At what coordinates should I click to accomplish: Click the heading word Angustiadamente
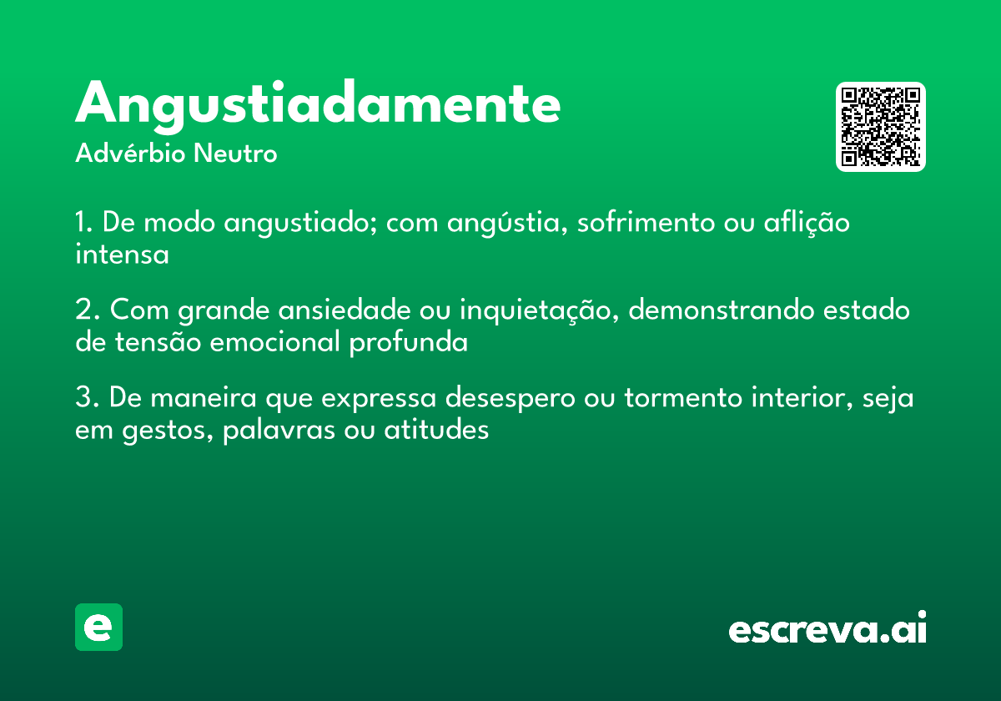(318, 105)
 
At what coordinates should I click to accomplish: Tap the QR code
(881, 127)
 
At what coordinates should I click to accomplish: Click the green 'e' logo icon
(98, 627)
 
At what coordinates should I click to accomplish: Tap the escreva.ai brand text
(827, 628)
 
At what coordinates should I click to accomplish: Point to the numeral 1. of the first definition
(84, 224)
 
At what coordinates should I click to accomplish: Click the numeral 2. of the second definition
(88, 310)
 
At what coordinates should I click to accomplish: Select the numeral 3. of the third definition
(88, 398)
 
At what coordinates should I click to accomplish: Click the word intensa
(122, 255)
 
